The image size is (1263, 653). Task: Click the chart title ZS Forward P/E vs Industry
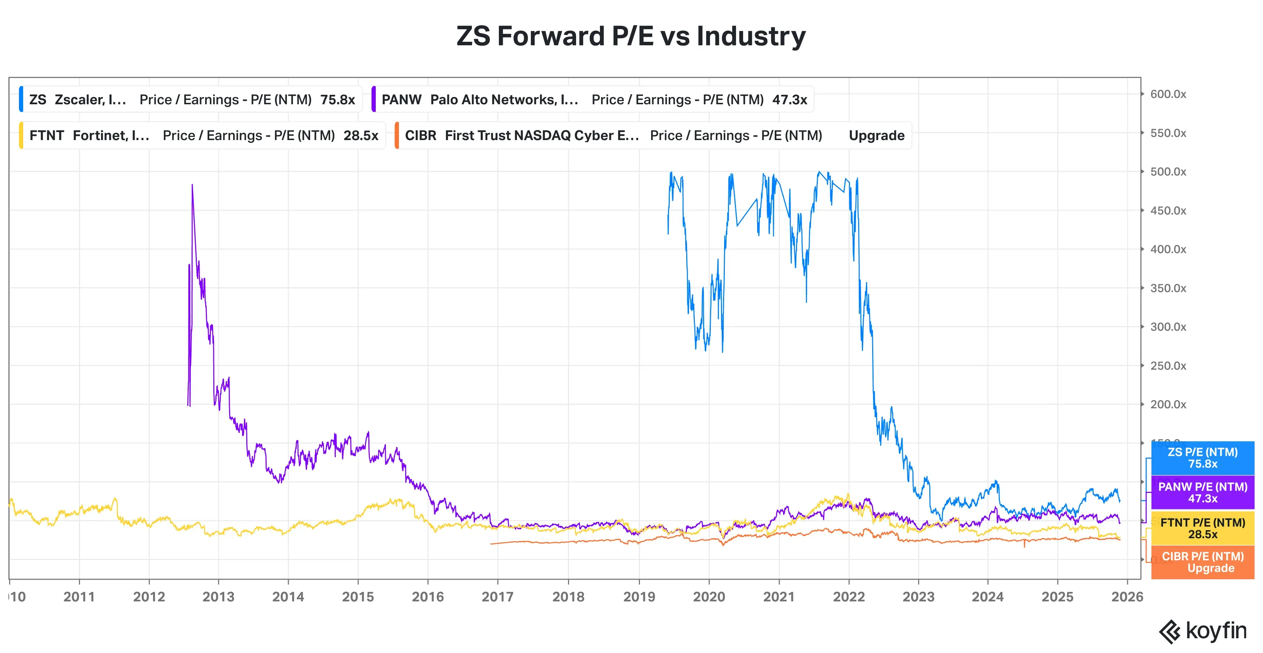(x=631, y=36)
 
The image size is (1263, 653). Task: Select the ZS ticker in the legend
(x=38, y=100)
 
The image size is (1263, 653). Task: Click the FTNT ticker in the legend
(x=47, y=136)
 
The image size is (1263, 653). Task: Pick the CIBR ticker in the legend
(x=420, y=136)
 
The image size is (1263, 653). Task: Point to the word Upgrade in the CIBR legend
(x=876, y=136)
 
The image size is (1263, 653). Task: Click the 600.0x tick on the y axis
(x=1168, y=94)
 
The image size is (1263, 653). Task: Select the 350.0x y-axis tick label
(x=1168, y=288)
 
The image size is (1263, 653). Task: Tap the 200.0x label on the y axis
(x=1168, y=404)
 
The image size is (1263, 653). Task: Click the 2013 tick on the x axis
(x=219, y=596)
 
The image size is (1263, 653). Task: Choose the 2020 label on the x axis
(x=709, y=596)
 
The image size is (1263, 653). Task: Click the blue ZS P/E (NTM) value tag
(x=1202, y=458)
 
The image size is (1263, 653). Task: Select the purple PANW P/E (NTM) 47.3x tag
(x=1202, y=493)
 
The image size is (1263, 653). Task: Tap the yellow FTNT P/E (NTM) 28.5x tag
(x=1202, y=528)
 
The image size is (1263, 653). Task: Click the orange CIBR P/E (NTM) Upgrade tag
(x=1202, y=562)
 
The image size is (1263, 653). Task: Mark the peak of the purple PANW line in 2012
(x=192, y=185)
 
